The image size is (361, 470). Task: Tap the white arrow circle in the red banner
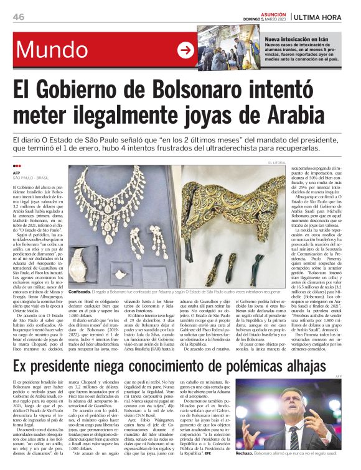tap(186, 50)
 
